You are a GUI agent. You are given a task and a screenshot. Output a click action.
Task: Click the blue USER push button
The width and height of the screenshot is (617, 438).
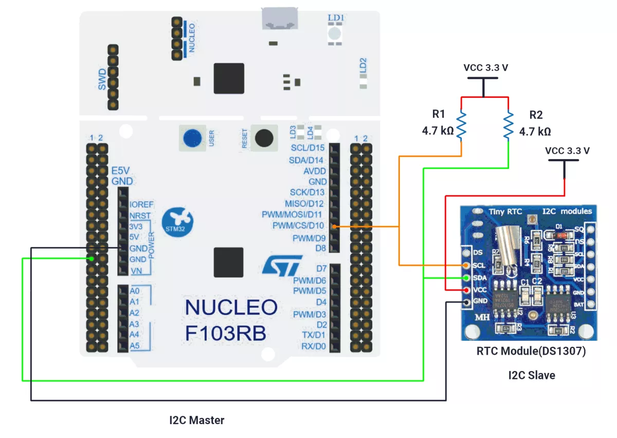click(192, 138)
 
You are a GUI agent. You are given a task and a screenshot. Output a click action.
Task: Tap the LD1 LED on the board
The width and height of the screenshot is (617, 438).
click(335, 33)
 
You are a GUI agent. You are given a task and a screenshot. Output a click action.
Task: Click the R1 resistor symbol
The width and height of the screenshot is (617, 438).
click(461, 126)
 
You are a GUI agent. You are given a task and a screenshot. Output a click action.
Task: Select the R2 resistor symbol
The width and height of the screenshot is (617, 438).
click(509, 126)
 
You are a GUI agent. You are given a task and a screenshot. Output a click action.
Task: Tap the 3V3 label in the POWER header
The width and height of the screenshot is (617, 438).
click(136, 226)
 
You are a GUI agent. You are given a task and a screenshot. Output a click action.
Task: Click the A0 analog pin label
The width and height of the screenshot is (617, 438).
click(135, 291)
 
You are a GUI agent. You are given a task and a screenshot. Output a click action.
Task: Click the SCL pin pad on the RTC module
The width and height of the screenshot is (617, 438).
click(466, 265)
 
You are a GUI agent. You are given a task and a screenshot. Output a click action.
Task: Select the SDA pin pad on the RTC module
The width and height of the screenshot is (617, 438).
click(466, 278)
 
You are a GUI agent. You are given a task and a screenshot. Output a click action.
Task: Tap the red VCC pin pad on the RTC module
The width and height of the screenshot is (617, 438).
click(466, 290)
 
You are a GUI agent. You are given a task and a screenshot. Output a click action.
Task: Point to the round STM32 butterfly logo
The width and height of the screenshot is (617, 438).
click(177, 222)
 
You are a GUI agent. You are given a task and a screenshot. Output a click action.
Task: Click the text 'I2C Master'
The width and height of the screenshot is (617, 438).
click(197, 421)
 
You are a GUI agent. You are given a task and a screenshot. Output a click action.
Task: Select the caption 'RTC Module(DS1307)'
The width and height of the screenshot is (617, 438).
click(531, 352)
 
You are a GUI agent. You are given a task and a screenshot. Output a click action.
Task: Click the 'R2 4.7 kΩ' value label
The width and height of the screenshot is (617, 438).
click(535, 132)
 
